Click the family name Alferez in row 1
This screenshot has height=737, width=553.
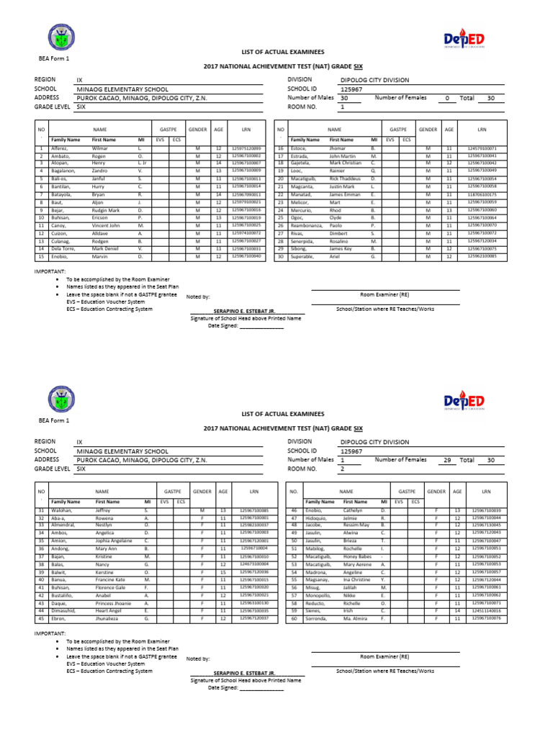coord(60,148)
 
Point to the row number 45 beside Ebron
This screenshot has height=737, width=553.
coord(40,618)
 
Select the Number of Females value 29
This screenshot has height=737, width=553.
coord(447,459)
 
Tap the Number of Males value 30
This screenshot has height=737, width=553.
coord(343,99)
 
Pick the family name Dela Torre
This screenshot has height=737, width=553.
coord(65,248)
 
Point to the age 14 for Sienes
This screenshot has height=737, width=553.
coord(457,610)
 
